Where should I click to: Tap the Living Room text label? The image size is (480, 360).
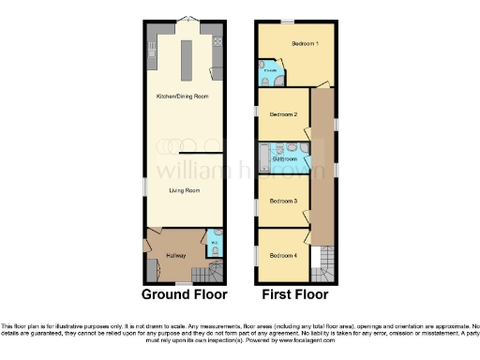click(185, 190)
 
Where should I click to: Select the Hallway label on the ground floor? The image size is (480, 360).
click(175, 255)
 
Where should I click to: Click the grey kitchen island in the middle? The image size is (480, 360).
click(186, 61)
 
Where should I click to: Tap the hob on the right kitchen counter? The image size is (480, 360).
click(218, 41)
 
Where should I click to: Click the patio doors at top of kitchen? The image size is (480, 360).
click(186, 20)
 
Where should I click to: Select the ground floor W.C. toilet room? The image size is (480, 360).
click(216, 242)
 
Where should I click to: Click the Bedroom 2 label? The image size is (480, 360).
click(283, 114)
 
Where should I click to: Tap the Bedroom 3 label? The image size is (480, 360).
click(283, 201)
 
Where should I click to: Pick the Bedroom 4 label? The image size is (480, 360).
click(283, 255)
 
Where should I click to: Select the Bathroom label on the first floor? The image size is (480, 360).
click(285, 159)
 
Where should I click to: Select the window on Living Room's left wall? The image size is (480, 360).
click(143, 187)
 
